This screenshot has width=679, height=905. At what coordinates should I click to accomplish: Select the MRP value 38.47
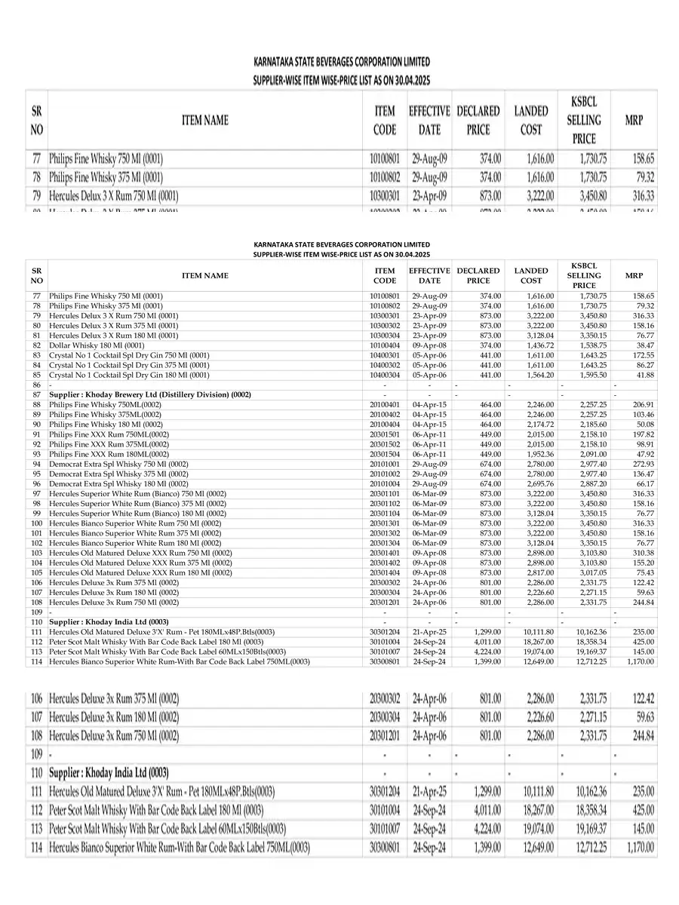[x=644, y=345]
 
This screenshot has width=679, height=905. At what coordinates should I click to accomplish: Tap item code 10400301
[x=384, y=354]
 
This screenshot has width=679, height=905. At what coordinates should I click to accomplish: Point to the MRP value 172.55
[x=641, y=354]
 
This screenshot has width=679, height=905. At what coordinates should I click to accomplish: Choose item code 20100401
[x=384, y=404]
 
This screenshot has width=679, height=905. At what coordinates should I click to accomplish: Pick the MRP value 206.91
[x=641, y=404]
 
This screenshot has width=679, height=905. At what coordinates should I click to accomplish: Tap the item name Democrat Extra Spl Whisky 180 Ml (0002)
[x=118, y=483]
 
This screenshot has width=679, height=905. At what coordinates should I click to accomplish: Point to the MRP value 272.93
[x=641, y=464]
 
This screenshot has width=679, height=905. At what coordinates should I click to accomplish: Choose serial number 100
[x=36, y=523]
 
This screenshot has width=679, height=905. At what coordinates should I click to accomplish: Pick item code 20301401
[x=384, y=553]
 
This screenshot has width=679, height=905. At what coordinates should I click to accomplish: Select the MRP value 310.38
[x=641, y=553]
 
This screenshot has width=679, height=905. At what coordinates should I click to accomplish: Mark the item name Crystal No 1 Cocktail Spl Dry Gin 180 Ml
[x=129, y=374]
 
